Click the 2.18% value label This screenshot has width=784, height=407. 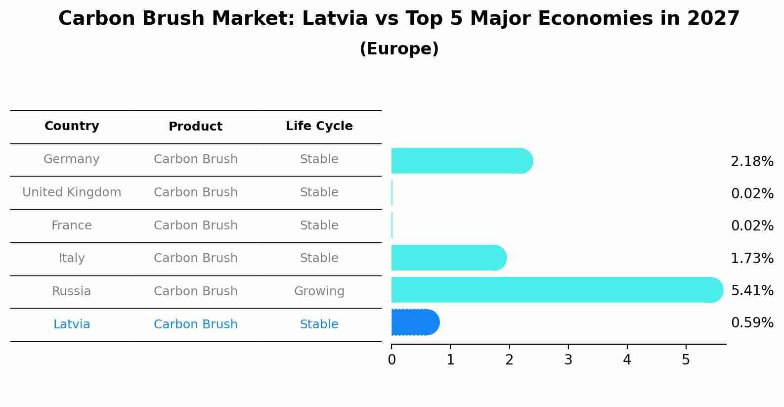[751, 162]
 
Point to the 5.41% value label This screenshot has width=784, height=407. [751, 290]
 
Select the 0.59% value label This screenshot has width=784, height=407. [751, 323]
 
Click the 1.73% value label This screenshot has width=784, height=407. [751, 258]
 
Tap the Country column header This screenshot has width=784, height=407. [72, 126]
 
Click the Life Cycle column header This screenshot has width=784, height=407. [319, 126]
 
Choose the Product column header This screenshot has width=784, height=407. [195, 127]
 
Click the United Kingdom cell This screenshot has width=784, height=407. [72, 192]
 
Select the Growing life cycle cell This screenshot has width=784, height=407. [319, 291]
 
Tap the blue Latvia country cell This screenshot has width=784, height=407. [72, 324]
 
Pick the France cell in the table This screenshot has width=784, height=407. [72, 226]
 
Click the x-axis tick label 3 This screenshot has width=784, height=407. [568, 360]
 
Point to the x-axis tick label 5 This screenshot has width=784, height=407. [686, 360]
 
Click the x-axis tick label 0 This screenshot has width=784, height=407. [392, 360]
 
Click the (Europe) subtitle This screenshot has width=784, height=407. [399, 49]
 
